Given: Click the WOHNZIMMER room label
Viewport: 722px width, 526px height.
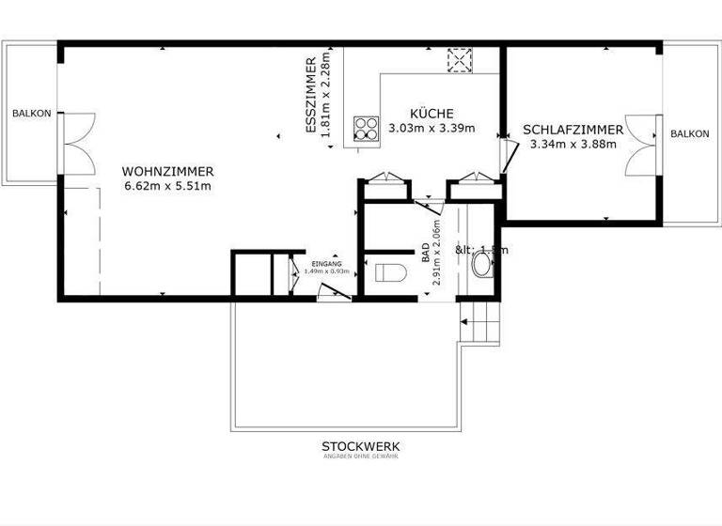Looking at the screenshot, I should (168, 172).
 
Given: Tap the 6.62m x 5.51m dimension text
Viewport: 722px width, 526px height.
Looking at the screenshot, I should (168, 186).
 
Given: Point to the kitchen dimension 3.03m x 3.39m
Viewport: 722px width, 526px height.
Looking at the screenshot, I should (432, 128).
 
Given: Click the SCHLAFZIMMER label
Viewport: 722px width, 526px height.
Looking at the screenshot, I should (573, 130).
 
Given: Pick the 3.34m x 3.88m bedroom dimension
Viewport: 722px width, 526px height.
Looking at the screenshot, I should (573, 145).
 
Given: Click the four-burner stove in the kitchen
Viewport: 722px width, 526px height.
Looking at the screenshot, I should (366, 128).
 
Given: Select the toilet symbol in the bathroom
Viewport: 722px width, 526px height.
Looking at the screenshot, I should (388, 273).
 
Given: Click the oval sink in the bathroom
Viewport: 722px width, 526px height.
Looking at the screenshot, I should (480, 266).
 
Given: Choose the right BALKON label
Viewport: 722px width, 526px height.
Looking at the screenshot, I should (689, 134).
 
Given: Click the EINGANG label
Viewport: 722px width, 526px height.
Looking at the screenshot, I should (326, 264).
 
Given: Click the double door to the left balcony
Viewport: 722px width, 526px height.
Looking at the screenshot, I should (75, 142).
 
